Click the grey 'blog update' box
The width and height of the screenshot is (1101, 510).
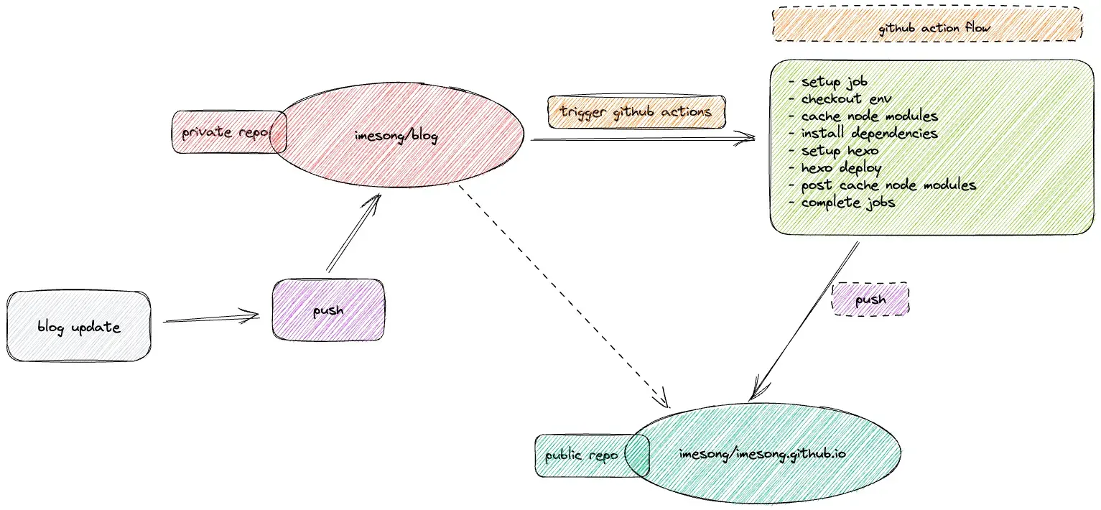(x=79, y=327)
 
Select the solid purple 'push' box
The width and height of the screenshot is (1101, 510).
(x=328, y=311)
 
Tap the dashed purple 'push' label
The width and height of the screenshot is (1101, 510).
(x=870, y=299)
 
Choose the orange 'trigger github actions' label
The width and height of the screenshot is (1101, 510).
(x=636, y=112)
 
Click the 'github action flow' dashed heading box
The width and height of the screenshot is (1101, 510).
(x=926, y=29)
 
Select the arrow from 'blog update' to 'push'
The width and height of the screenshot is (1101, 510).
(x=212, y=317)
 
